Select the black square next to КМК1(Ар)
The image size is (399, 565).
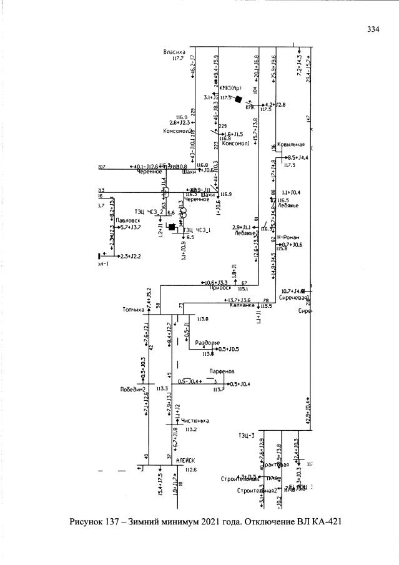point(237,98)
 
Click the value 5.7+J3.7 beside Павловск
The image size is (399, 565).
point(130,227)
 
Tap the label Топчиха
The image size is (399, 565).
point(134,309)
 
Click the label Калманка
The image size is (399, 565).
point(243,305)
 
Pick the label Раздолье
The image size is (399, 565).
point(207,343)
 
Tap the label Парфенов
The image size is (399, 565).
point(222,370)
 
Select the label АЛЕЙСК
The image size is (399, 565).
point(186,460)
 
